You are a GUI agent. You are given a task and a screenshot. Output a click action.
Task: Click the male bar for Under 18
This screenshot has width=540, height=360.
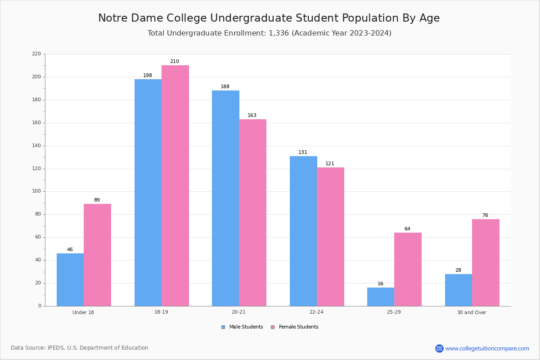(x=70, y=279)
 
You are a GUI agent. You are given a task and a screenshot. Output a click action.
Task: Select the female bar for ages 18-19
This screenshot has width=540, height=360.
(x=175, y=185)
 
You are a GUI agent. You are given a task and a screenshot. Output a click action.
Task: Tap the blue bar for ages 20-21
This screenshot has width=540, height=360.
(x=225, y=198)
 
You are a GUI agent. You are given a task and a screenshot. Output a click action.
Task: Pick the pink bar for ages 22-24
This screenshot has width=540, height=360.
(x=330, y=237)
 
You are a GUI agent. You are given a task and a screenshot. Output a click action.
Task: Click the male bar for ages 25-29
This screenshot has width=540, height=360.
(x=381, y=297)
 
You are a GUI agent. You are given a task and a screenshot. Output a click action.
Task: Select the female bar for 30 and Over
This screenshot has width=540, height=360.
(x=486, y=262)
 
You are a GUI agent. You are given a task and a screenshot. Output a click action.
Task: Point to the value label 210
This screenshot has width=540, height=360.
(x=174, y=62)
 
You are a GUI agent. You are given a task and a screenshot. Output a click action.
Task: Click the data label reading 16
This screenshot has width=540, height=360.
(x=380, y=284)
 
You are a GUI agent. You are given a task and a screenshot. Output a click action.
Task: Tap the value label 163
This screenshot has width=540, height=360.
(x=252, y=116)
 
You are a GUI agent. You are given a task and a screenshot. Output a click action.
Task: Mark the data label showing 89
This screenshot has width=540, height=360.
(x=97, y=200)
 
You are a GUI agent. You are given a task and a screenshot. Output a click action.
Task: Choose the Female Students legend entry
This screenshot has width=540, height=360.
(x=295, y=327)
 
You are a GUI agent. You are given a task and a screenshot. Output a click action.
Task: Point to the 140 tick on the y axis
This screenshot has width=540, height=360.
(x=36, y=146)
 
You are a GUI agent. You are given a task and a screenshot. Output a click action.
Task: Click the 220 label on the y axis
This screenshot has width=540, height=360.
(x=36, y=54)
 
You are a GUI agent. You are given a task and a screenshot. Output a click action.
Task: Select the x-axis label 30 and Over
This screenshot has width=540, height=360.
(x=472, y=312)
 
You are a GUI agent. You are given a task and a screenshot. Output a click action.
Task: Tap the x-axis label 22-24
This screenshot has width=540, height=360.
(x=316, y=312)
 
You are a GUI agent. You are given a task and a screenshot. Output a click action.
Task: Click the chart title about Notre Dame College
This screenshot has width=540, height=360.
(x=269, y=18)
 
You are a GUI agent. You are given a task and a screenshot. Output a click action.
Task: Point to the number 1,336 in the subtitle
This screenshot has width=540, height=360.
(x=279, y=33)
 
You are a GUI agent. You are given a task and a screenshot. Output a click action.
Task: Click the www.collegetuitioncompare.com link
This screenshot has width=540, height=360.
(x=487, y=348)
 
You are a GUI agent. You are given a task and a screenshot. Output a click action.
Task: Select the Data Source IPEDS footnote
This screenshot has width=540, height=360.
(x=80, y=348)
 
